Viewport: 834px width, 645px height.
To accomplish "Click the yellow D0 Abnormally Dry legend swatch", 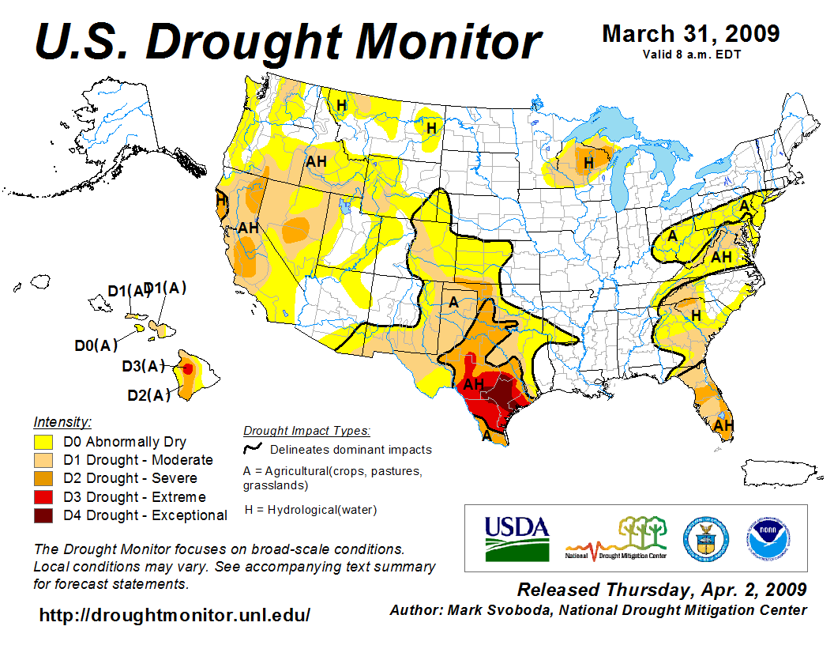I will (43, 442).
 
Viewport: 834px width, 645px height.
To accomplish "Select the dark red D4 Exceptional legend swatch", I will (43, 515).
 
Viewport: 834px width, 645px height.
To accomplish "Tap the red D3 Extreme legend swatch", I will (43, 497).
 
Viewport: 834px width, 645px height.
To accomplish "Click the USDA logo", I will (516, 537).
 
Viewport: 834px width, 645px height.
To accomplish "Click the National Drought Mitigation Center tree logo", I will (617, 537).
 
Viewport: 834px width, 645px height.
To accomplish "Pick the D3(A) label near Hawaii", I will (143, 367).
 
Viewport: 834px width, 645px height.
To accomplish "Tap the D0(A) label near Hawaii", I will (96, 345).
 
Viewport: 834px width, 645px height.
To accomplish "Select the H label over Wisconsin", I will (588, 164).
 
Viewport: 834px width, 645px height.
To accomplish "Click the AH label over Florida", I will (723, 425).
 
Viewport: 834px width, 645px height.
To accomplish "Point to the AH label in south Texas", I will (473, 385).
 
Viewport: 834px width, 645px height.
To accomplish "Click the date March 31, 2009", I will (690, 34).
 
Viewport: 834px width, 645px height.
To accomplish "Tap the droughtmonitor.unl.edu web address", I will (175, 615).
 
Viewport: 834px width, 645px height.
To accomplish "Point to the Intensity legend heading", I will (62, 422).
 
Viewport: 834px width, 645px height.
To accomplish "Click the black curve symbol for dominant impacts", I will (253, 450).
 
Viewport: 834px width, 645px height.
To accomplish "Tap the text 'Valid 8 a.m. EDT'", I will (690, 55).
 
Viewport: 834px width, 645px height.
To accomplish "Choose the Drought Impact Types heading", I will (306, 431).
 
